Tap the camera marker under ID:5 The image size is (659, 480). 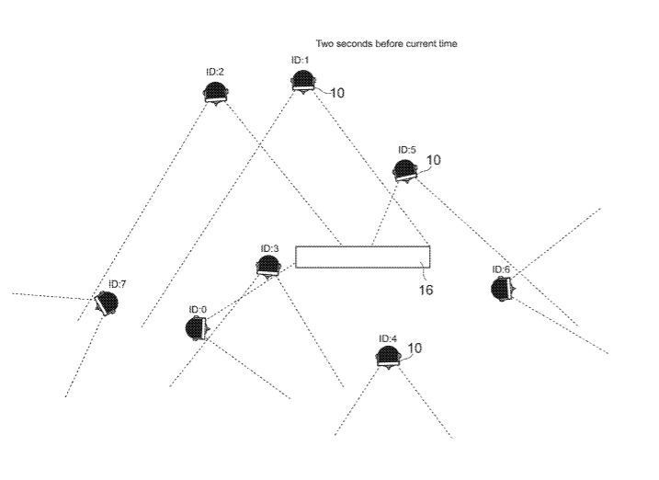point(404,168)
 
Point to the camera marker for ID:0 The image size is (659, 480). point(196,328)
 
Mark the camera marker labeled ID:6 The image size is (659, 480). point(502,289)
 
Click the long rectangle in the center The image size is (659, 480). point(363,257)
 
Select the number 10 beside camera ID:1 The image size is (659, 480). point(336,93)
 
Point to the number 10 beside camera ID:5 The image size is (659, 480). point(434,159)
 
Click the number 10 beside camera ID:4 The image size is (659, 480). point(415,348)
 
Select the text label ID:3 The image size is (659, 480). point(269,248)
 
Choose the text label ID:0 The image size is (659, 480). point(199,309)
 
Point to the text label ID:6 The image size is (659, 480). point(502,269)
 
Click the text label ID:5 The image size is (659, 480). point(407,149)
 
